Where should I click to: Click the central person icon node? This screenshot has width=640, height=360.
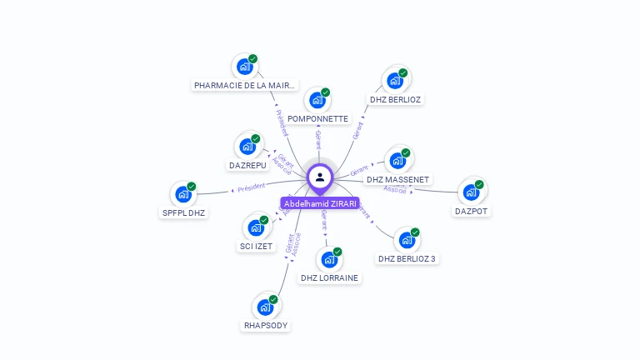[x=320, y=177]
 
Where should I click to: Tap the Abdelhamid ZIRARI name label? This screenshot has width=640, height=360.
[x=320, y=203]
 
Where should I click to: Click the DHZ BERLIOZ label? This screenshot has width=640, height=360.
[x=396, y=99]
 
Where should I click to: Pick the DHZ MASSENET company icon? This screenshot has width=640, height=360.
[x=397, y=161]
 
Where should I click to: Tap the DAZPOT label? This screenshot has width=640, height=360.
[x=472, y=211]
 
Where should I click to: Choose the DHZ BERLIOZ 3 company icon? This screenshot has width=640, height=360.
[x=406, y=240]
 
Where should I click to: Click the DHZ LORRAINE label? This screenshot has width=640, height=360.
[x=329, y=277]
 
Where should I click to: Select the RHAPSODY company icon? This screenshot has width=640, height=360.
[x=265, y=307]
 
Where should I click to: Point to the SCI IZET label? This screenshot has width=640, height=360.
[x=256, y=246]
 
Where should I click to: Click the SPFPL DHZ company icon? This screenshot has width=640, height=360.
[x=182, y=194]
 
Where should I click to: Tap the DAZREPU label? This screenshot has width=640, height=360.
[x=247, y=165]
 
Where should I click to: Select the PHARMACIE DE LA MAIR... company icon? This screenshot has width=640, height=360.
[x=244, y=67]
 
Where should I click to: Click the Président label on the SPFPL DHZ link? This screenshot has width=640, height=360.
[x=251, y=187]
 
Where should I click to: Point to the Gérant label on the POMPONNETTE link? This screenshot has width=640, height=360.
[x=318, y=138]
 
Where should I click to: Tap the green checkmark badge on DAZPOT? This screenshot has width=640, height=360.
[x=479, y=184]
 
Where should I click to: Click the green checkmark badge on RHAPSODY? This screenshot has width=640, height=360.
[x=273, y=299]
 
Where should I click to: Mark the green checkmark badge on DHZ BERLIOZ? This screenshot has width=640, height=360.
[x=402, y=73]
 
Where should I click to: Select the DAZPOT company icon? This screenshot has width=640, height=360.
[x=471, y=192]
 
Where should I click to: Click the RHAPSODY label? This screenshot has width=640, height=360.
[x=266, y=325]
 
